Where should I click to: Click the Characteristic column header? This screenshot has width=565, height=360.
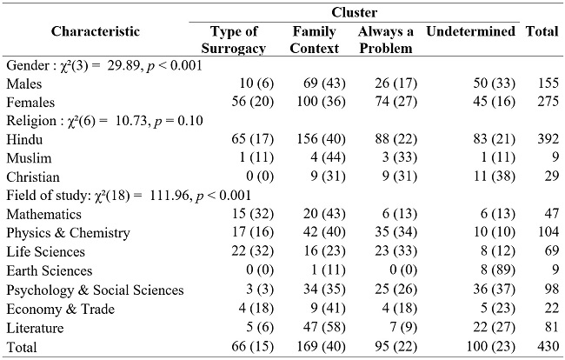[95, 31]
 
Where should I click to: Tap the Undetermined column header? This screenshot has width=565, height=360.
[471, 32]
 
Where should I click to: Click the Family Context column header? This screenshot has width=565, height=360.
[315, 40]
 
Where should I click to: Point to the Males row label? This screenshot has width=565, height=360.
[23, 84]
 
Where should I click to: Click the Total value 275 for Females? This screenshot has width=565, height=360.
[546, 103]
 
